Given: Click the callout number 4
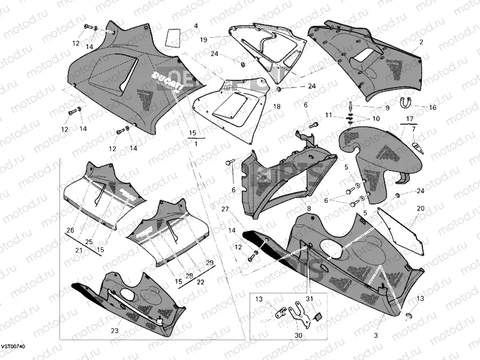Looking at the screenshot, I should pyautogui.click(x=196, y=26).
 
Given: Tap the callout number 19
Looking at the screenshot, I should pyautogui.click(x=203, y=40).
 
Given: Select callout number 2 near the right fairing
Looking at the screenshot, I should pyautogui.click(x=421, y=42).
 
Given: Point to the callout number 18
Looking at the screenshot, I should pyautogui.click(x=277, y=106).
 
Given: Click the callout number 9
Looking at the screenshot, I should pyautogui.click(x=387, y=108).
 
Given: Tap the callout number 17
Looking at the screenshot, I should pyautogui.click(x=409, y=118).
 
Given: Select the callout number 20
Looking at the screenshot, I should pyautogui.click(x=421, y=208).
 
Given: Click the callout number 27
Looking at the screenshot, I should pyautogui.click(x=224, y=209).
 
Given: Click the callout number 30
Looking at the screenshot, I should pyautogui.click(x=298, y=337).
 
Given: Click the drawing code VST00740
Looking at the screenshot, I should pyautogui.click(x=13, y=347).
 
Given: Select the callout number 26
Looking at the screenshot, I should pyautogui.click(x=70, y=230).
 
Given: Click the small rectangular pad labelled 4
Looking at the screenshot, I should pyautogui.click(x=173, y=38).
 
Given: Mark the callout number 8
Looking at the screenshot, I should pyautogui.click(x=310, y=208).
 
